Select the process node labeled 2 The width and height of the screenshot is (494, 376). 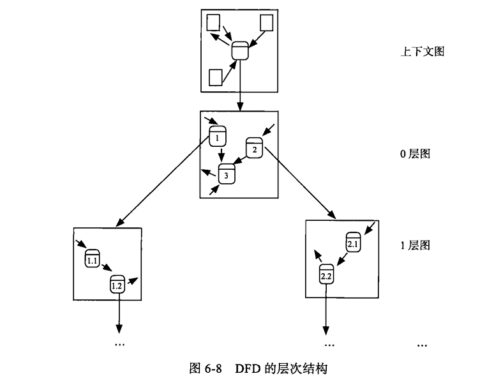[x=254, y=148]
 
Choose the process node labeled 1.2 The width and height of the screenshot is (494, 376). [x=117, y=284]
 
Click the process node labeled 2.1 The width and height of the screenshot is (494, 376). [x=354, y=241]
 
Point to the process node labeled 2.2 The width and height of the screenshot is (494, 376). [x=326, y=274]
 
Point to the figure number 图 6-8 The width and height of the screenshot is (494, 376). [x=207, y=368]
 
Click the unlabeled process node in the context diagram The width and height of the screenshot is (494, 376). [x=239, y=50]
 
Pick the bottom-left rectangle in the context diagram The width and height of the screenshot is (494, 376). [x=216, y=77]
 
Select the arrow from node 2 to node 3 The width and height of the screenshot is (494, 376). [x=240, y=162]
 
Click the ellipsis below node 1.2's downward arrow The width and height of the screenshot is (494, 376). [x=119, y=344]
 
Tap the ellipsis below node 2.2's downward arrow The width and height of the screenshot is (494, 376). [x=329, y=344]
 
